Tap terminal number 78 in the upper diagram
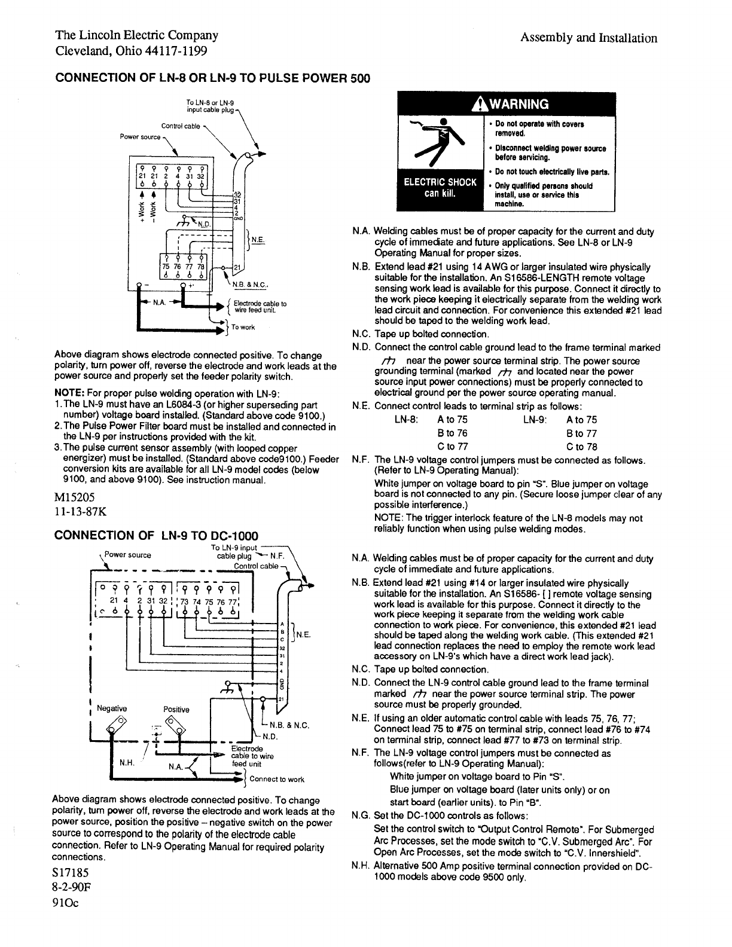[x=201, y=267]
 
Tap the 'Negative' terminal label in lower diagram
[x=112, y=708]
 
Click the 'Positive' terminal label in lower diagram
[x=176, y=710]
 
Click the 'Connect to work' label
[x=277, y=779]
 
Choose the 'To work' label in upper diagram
[x=243, y=327]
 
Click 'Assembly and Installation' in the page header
[x=588, y=38]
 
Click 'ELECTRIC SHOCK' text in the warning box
[x=440, y=182]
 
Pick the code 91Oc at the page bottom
[x=66, y=903]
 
